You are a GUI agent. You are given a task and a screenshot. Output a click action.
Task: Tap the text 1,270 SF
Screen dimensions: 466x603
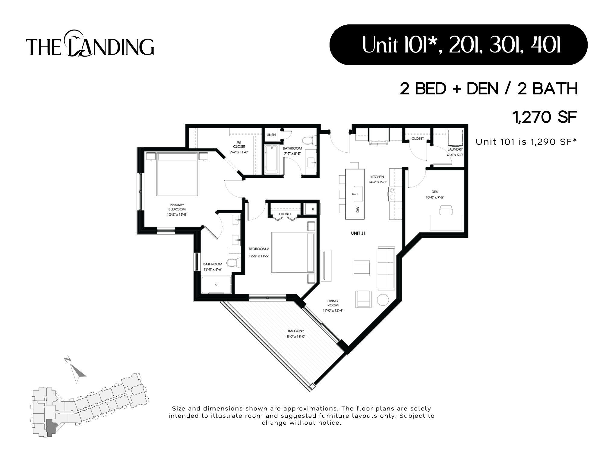(545, 117)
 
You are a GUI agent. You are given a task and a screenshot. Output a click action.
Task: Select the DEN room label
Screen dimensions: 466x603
(435, 192)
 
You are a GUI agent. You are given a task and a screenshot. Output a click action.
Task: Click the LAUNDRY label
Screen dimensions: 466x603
(455, 150)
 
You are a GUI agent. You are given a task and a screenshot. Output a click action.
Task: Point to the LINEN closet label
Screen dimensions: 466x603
(271, 135)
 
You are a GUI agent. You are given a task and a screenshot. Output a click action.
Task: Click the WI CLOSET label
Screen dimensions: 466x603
(239, 144)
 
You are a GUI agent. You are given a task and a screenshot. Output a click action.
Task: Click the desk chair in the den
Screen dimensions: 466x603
(446, 210)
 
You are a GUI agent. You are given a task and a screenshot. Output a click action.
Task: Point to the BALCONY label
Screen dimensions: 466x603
(296, 331)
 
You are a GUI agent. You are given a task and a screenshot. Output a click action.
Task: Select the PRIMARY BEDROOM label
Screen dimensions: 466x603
(177, 207)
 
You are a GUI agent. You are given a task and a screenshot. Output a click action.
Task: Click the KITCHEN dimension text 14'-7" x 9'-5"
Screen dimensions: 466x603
(377, 182)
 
